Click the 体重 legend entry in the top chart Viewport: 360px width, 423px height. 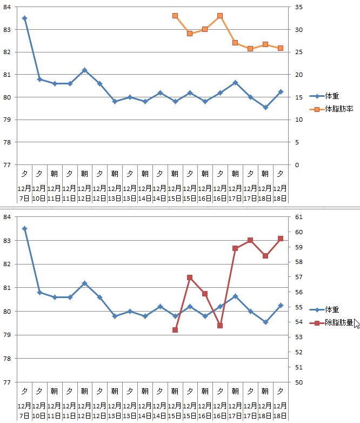click(332, 96)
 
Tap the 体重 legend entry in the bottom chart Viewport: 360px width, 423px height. click(332, 310)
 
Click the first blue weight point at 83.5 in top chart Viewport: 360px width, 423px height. click(24, 18)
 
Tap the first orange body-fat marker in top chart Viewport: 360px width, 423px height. click(175, 16)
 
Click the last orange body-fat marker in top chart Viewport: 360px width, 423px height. click(281, 48)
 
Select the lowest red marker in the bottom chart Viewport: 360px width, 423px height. click(175, 330)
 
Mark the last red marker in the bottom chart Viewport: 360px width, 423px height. click(281, 239)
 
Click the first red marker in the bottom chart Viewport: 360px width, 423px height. click(175, 330)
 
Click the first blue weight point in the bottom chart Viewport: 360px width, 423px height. click(24, 228)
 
